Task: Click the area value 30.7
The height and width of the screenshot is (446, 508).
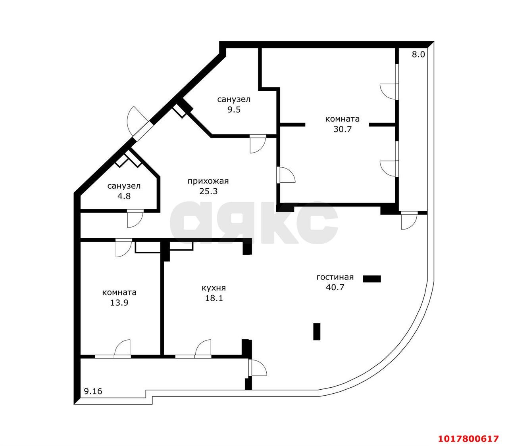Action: tap(342, 129)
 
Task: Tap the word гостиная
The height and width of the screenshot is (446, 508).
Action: tap(335, 277)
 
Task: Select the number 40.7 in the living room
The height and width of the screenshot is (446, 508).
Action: tap(335, 287)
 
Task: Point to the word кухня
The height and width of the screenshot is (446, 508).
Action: tap(214, 288)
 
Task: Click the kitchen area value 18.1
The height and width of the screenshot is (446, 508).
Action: tap(214, 298)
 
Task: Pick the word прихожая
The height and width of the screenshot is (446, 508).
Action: tap(208, 181)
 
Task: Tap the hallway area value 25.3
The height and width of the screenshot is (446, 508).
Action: tap(208, 191)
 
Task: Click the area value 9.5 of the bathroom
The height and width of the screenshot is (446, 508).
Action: tap(234, 110)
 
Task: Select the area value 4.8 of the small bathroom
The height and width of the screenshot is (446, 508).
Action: tap(124, 196)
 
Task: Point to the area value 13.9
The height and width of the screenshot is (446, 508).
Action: tap(119, 303)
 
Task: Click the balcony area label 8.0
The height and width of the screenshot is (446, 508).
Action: tap(418, 54)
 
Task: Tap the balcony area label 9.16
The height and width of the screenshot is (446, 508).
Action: tap(93, 391)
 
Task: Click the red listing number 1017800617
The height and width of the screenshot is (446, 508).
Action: tap(468, 438)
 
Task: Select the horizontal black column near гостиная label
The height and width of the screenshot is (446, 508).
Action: tap(372, 279)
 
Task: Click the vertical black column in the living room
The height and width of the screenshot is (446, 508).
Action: tap(317, 331)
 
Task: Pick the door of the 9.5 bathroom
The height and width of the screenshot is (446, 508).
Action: tap(258, 144)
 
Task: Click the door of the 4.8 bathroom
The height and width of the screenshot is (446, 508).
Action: tap(135, 218)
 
